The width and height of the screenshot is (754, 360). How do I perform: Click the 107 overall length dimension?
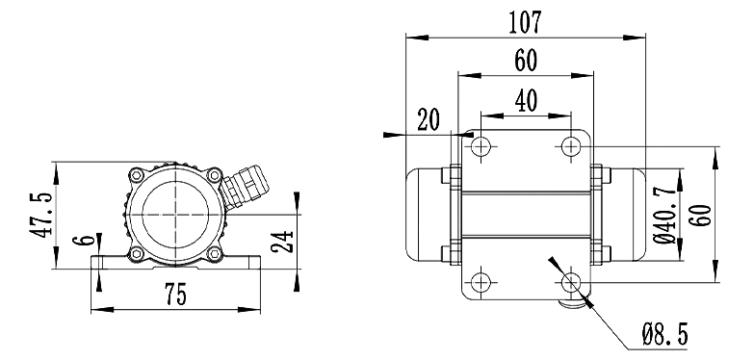(525, 22)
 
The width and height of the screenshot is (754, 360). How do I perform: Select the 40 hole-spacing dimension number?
(526, 101)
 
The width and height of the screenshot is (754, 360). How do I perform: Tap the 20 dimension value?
(428, 120)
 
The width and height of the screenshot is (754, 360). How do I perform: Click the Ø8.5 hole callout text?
(665, 334)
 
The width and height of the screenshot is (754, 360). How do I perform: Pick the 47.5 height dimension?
(40, 216)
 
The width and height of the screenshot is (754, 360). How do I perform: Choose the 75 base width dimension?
(175, 295)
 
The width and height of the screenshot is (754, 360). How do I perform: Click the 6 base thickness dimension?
(84, 241)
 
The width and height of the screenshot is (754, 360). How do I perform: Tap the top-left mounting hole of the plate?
(481, 146)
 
